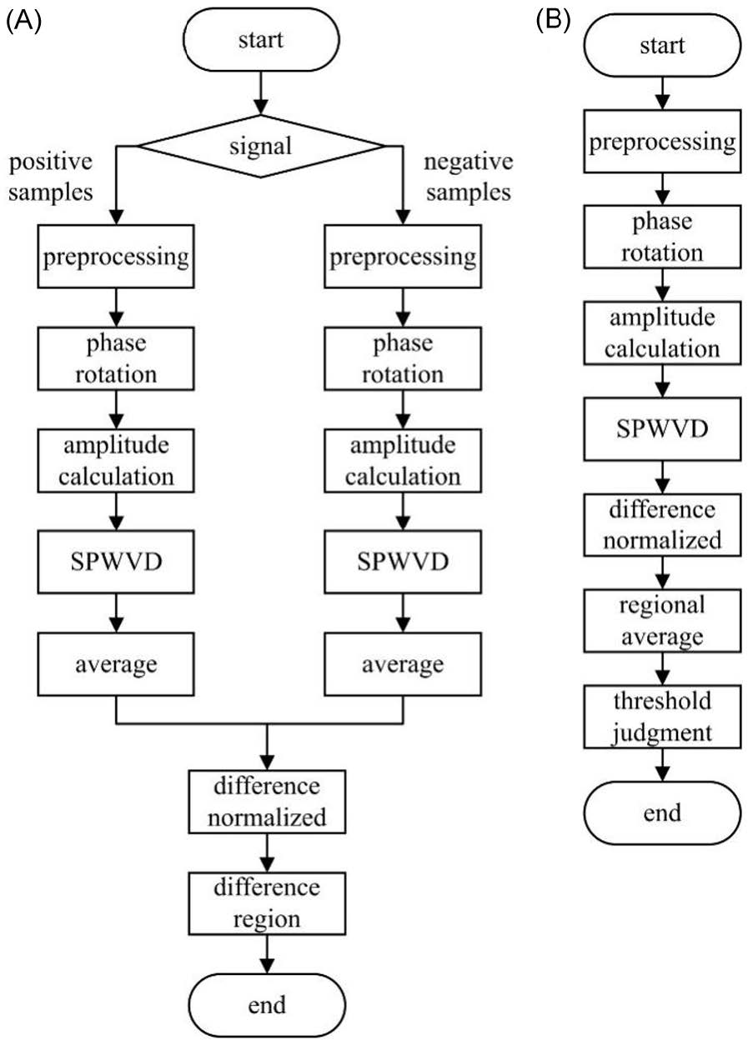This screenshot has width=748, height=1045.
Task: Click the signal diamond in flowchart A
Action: (260, 146)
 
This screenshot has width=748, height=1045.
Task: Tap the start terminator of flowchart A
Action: (261, 40)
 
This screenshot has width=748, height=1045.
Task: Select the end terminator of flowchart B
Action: (662, 813)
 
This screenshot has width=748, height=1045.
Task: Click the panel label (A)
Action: (24, 21)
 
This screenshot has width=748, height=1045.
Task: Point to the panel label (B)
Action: (554, 21)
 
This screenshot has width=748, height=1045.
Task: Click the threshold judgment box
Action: (662, 717)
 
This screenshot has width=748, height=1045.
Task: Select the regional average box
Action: (662, 621)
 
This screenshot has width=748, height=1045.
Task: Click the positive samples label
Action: (51, 177)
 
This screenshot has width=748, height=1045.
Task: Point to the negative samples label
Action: (469, 177)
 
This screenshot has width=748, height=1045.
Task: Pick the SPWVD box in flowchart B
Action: (662, 428)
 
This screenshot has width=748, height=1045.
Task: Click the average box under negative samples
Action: (403, 664)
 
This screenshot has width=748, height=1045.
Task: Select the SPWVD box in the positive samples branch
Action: (116, 562)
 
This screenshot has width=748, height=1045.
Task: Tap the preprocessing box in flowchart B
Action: (662, 142)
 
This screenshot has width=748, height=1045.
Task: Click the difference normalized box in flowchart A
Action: (267, 802)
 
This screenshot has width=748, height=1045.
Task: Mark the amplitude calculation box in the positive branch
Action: (116, 461)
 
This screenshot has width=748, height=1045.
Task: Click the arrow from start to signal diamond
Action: (261, 92)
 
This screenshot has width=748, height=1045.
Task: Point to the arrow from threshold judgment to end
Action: (663, 765)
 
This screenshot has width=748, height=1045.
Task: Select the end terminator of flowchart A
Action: (267, 1005)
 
